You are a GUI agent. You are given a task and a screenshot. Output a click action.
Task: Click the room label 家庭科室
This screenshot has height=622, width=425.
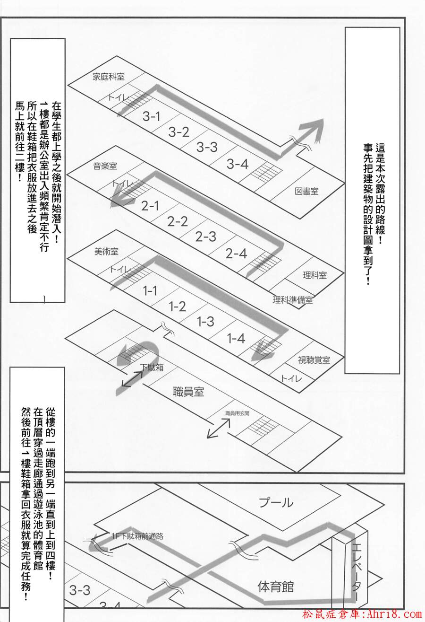click(x=109, y=77)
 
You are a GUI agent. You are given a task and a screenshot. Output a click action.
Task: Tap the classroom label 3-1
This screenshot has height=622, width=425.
click(x=152, y=116)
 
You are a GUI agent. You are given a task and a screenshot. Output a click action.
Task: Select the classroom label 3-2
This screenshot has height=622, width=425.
click(x=179, y=132)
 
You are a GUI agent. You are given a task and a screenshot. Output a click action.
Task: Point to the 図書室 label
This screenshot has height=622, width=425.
click(x=306, y=191)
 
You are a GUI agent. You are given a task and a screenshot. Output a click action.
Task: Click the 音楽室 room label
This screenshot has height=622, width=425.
click(x=105, y=166)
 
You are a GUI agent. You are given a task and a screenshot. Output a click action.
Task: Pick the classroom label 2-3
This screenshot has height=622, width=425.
click(x=205, y=237)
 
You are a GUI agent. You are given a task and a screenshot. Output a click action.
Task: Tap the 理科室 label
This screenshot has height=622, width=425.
click(x=314, y=275)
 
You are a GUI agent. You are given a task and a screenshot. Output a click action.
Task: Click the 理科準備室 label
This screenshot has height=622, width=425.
click(x=293, y=300)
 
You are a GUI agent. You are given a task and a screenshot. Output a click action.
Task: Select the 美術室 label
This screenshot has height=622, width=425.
click(x=106, y=252)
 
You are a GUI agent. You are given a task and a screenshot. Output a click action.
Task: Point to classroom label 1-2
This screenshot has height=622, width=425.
click(x=177, y=307)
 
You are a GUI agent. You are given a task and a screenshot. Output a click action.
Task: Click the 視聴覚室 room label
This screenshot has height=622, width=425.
click(x=314, y=360)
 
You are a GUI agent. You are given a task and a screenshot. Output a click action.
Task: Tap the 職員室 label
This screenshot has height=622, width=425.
click(x=188, y=392)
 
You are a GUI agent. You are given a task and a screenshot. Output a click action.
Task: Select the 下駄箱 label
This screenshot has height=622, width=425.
click(x=152, y=368)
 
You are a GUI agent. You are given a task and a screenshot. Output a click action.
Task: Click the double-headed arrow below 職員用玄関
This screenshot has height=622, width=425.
click(x=219, y=428)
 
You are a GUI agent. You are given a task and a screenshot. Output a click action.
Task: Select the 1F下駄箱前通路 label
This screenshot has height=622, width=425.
click(x=137, y=536)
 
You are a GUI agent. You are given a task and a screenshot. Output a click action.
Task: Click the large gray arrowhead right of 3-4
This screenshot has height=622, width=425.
click(x=312, y=131)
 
